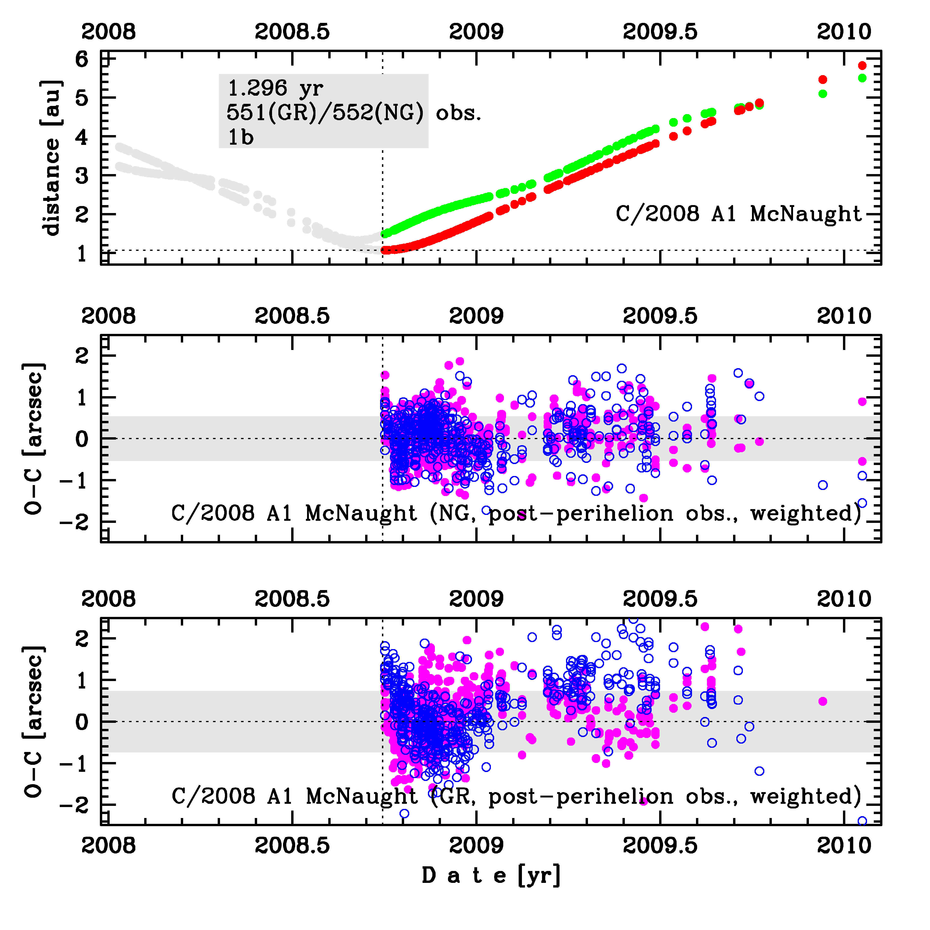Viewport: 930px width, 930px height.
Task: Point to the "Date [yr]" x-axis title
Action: [x=491, y=875]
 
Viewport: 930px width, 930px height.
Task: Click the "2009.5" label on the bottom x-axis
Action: [x=660, y=845]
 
